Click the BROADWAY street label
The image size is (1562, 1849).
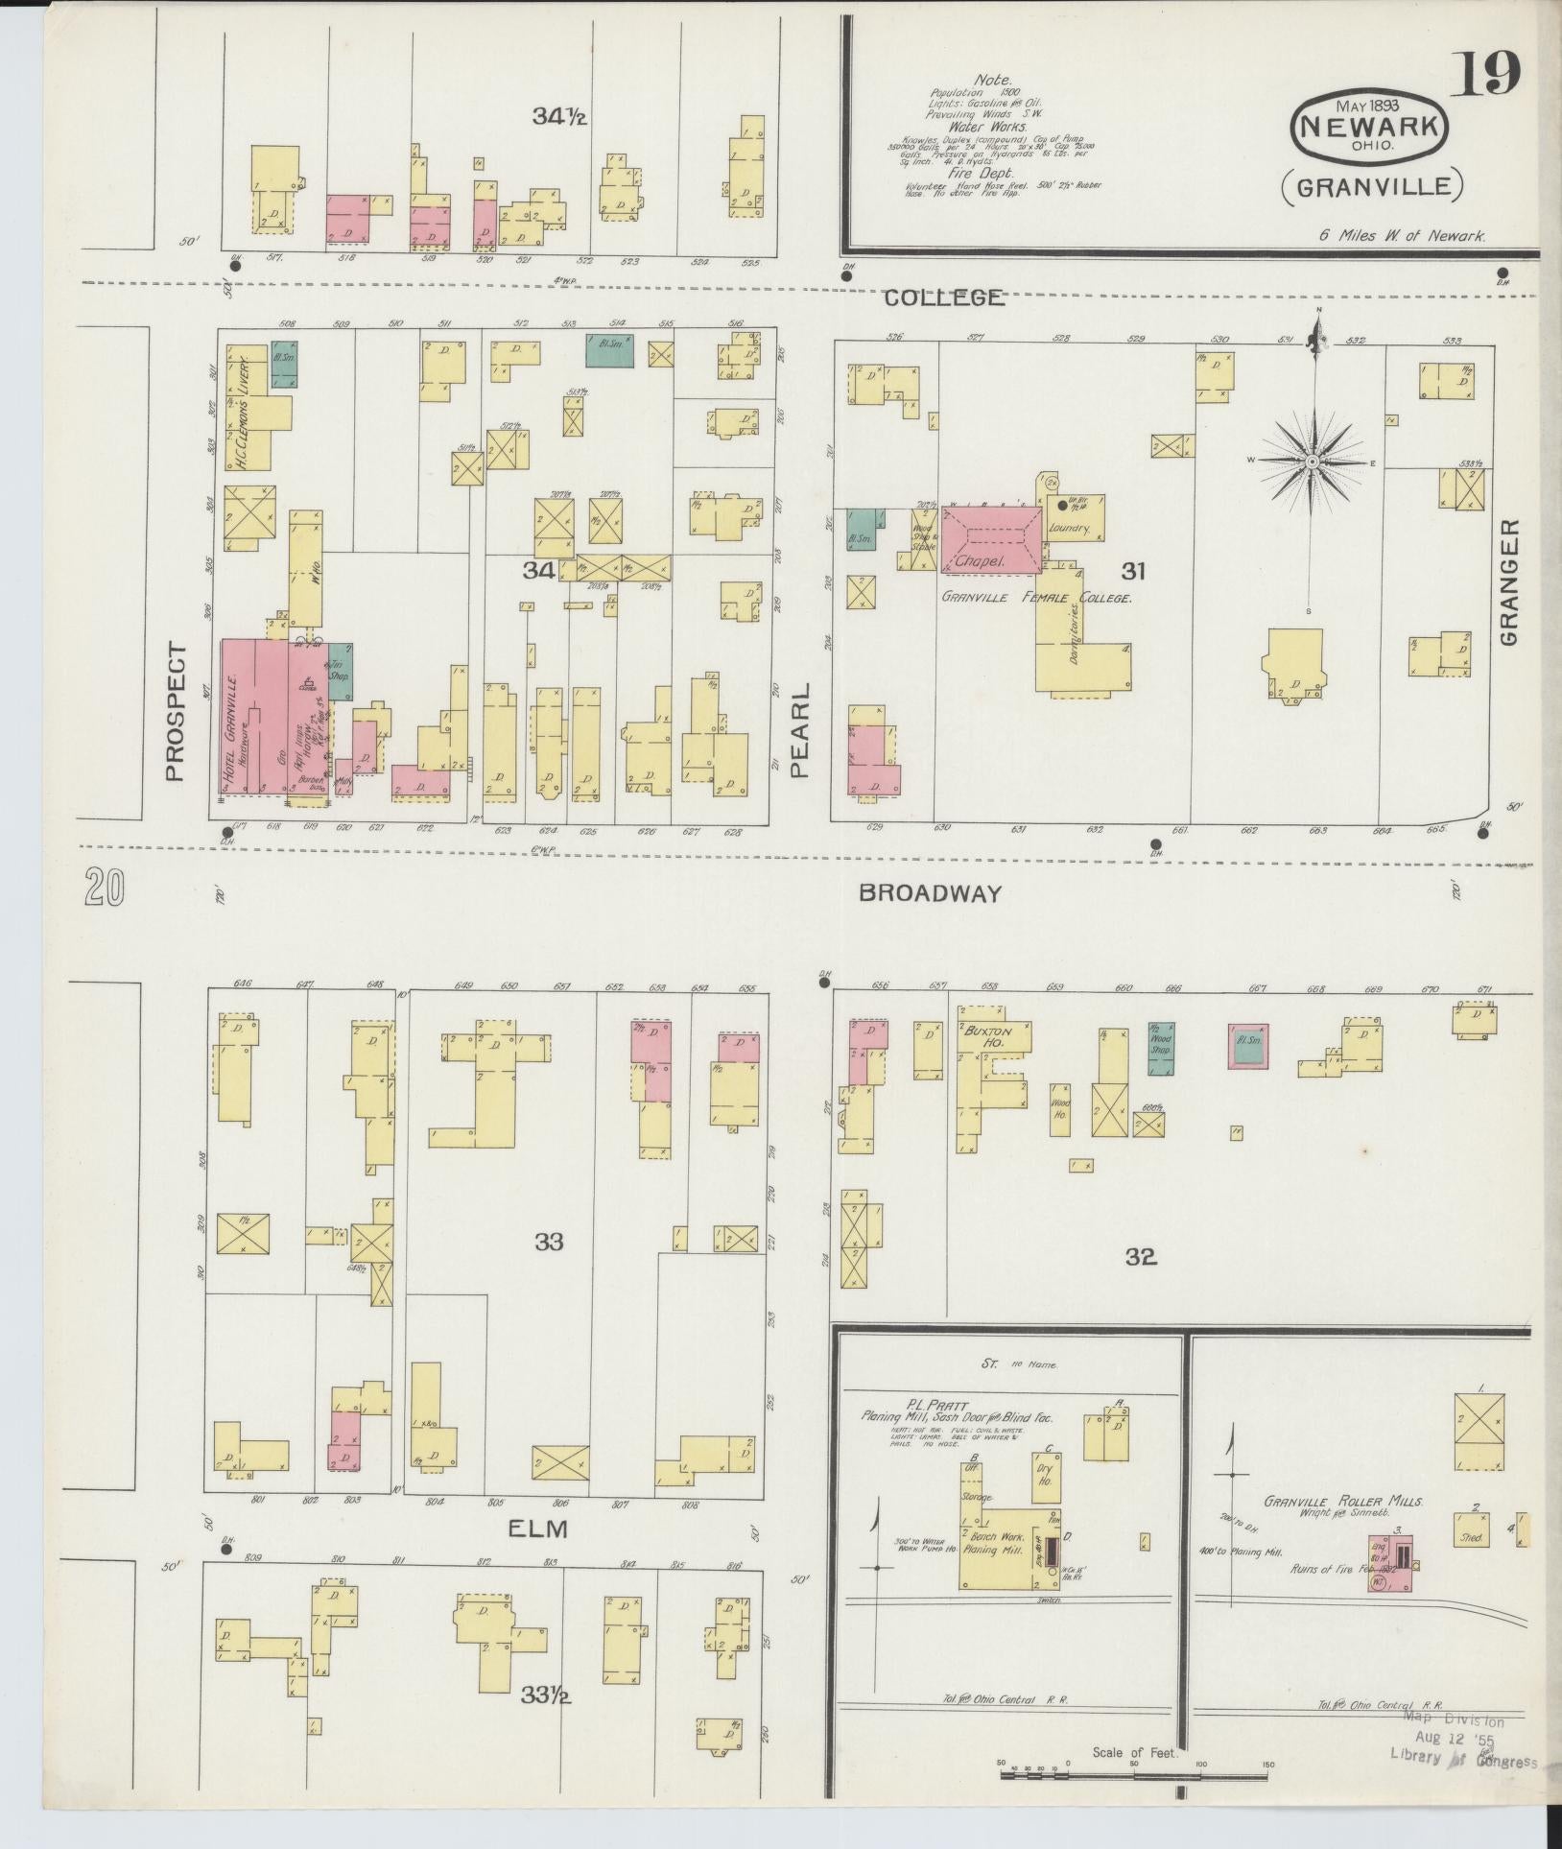pyautogui.click(x=929, y=893)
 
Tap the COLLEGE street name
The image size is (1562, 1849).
pyautogui.click(x=943, y=297)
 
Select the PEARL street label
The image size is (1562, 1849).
pyautogui.click(x=801, y=729)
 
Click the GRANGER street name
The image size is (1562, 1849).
pyautogui.click(x=1509, y=582)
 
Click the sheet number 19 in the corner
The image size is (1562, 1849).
pyautogui.click(x=1486, y=74)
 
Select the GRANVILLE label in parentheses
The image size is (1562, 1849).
pyautogui.click(x=1371, y=185)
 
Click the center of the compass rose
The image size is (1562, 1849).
pyautogui.click(x=1311, y=462)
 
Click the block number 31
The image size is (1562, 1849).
pyautogui.click(x=1134, y=572)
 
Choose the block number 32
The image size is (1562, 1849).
pyautogui.click(x=1140, y=1255)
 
